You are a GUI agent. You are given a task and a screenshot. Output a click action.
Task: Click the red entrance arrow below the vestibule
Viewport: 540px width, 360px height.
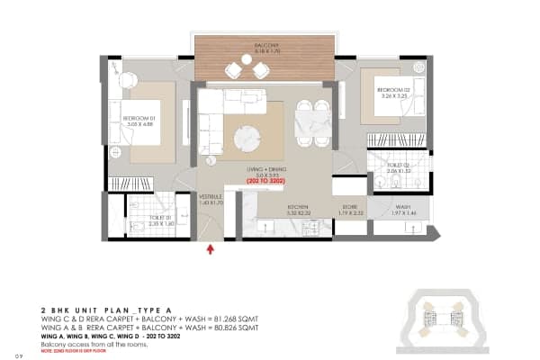pos(211,249)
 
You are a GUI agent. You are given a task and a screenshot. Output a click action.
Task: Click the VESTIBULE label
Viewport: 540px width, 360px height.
pos(210,196)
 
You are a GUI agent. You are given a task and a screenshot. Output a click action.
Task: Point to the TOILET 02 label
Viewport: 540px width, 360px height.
pos(399,165)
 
